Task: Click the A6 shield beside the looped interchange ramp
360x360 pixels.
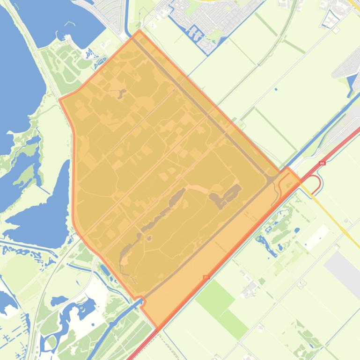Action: point(322,163)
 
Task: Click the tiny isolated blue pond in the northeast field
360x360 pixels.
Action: point(276,89)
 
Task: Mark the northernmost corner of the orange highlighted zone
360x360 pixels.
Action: point(139,31)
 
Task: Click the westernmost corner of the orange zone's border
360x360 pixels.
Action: point(60,100)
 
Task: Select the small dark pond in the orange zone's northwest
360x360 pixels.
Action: point(122,94)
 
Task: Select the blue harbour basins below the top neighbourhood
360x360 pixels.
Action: point(199,37)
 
